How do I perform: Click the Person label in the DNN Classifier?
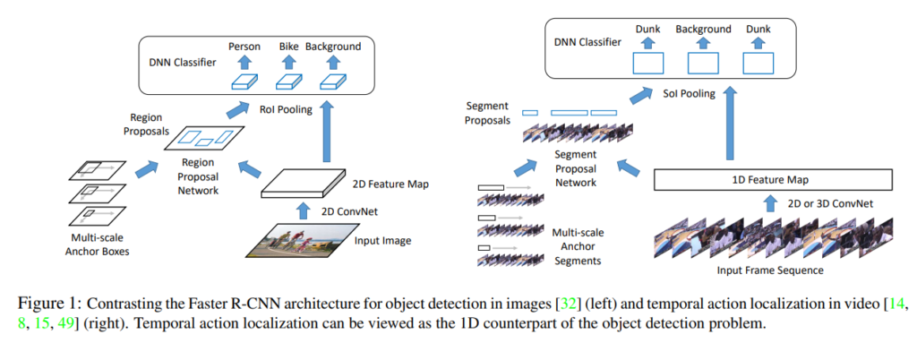click(244, 46)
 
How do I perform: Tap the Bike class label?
click(288, 46)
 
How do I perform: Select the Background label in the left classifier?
click(333, 46)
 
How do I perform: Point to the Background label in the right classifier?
click(704, 30)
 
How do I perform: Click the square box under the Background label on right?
click(705, 64)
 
